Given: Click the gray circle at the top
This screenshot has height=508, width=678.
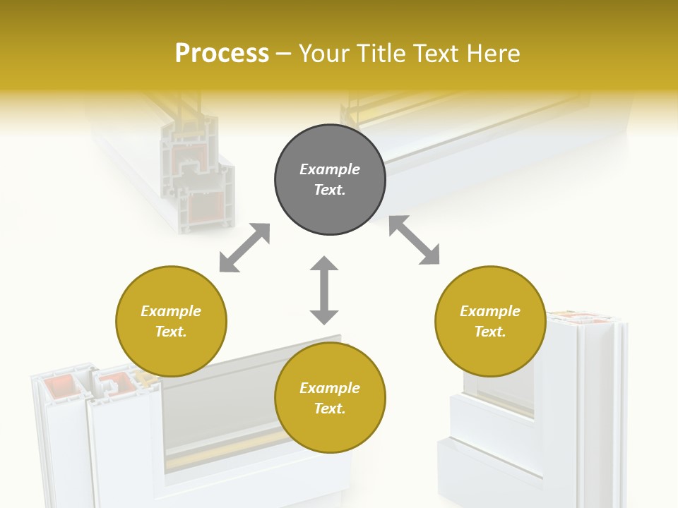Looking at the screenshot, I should [x=330, y=179].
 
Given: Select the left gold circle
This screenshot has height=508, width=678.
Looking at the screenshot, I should [x=171, y=321].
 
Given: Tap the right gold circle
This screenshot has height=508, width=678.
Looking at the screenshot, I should [x=490, y=321].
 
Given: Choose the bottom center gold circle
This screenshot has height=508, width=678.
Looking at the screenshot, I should [x=330, y=398].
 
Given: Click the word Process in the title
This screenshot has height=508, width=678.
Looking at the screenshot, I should [x=222, y=54].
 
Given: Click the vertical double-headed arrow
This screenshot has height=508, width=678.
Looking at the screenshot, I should [x=324, y=290].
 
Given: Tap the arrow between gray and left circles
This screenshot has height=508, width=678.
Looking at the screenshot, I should [x=245, y=248].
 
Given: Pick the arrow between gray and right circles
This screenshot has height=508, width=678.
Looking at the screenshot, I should [x=415, y=240].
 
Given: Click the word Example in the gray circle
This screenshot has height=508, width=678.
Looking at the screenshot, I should [x=330, y=169].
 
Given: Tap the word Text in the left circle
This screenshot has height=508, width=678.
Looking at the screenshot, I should [x=171, y=332].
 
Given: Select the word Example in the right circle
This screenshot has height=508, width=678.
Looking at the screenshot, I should [x=490, y=311].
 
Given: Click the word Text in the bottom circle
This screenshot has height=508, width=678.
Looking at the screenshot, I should [x=330, y=409].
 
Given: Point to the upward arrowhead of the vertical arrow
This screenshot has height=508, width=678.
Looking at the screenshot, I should [x=324, y=265].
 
